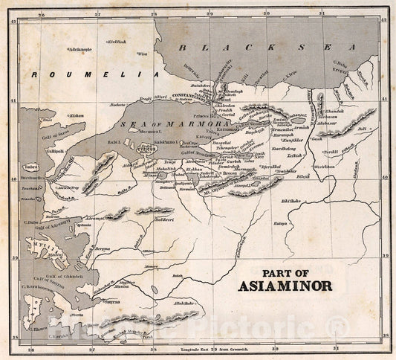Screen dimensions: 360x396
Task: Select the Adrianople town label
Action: tap(79, 49)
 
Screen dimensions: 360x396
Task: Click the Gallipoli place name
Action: tap(36, 150)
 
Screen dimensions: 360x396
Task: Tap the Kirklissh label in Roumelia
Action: tap(117, 42)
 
